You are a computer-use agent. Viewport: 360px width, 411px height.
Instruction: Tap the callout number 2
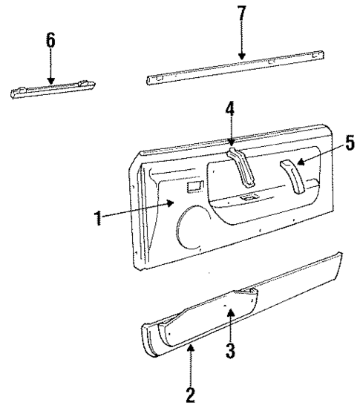pos(191,393)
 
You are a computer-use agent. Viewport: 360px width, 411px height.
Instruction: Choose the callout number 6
pos(50,40)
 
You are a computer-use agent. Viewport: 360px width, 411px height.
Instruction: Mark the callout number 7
pos(240,16)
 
